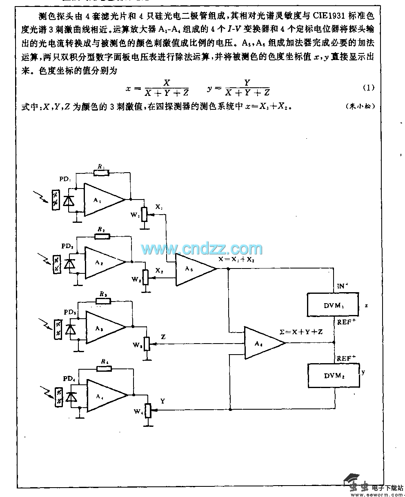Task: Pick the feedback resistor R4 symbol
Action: coord(104,369)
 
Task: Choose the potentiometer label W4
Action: coord(137,411)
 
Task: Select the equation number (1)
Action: coord(368,88)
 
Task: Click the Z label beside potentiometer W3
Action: coord(163,337)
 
